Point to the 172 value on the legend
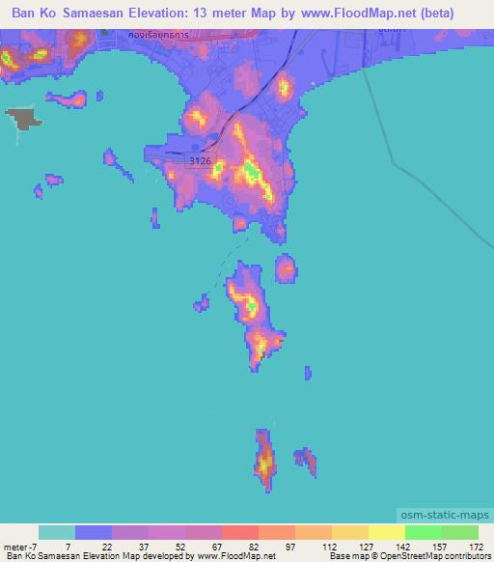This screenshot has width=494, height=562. [477, 546]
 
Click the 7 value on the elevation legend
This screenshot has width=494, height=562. [67, 546]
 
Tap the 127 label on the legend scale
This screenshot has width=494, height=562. [364, 546]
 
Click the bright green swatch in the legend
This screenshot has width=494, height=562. [423, 532]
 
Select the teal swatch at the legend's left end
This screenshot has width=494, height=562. [57, 532]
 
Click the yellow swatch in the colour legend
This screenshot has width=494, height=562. [386, 532]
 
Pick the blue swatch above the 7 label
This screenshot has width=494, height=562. [94, 532]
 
